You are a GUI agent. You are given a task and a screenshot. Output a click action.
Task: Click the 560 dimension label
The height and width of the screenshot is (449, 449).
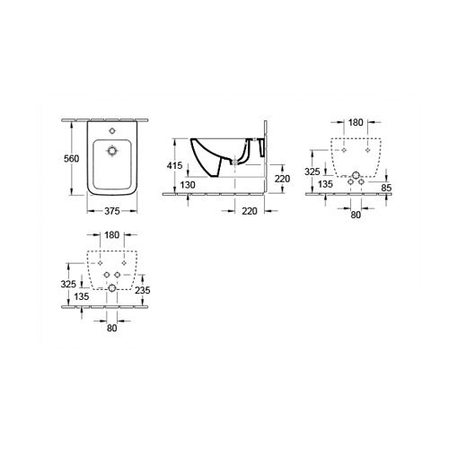[72, 159]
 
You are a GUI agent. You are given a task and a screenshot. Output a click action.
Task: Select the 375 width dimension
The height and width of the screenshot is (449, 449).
[112, 211]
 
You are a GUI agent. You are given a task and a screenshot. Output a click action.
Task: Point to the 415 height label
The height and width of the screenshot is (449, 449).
[174, 165]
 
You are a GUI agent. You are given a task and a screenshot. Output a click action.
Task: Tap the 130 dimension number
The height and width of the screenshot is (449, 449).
[188, 185]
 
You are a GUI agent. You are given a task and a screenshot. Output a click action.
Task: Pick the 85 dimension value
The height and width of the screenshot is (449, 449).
[386, 188]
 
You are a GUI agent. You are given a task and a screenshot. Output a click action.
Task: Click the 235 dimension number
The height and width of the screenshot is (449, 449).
[143, 290]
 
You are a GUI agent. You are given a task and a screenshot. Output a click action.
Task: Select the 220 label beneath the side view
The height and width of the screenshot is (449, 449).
[250, 211]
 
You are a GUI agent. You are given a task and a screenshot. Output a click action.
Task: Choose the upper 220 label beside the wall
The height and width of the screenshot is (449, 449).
[283, 179]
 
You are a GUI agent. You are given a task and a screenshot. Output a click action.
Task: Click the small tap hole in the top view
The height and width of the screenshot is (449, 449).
[112, 130]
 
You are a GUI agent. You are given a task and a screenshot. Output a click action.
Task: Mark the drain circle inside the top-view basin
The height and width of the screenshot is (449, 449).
[112, 151]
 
